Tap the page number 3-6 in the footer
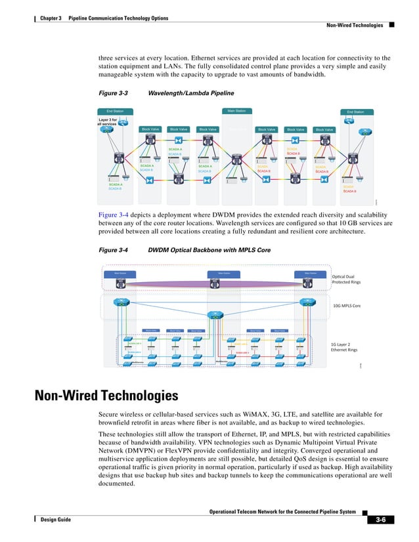(x=380, y=520)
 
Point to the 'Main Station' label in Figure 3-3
(x=236, y=111)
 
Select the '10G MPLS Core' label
(x=347, y=306)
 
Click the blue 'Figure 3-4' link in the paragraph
(x=116, y=215)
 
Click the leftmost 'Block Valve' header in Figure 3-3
(x=150, y=130)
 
